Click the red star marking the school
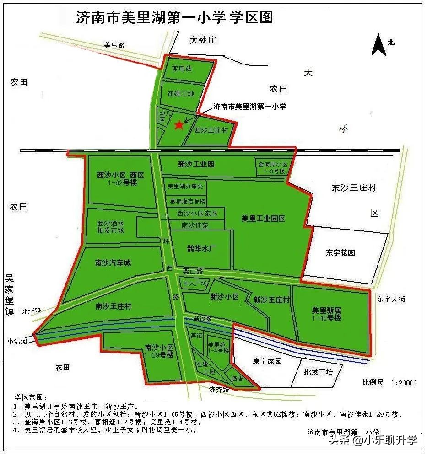point(179,124)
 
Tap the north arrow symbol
point(379,45)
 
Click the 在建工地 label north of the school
point(180,94)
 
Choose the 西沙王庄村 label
point(211,130)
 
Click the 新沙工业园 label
point(196,164)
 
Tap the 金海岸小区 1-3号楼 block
point(273,167)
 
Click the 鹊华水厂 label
point(201,249)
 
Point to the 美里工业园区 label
point(263,219)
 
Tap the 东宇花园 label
point(341,252)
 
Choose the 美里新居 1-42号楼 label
point(326,314)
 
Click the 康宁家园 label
point(267,361)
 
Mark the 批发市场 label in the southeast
point(318,372)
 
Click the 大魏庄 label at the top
point(203,40)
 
